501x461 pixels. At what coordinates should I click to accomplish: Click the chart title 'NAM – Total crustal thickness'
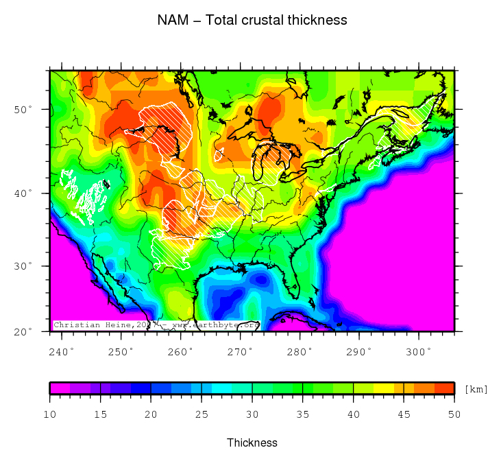pyautogui.click(x=252, y=20)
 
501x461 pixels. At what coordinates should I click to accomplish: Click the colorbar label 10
pyautogui.click(x=49, y=414)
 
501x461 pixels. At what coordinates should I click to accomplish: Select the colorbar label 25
pyautogui.click(x=201, y=414)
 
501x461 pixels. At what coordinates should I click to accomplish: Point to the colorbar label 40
pyautogui.click(x=354, y=414)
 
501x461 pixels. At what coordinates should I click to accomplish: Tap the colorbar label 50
pyautogui.click(x=454, y=414)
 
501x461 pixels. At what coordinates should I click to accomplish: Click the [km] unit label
pyautogui.click(x=476, y=389)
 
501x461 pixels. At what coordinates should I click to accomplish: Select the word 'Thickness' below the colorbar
pyautogui.click(x=252, y=442)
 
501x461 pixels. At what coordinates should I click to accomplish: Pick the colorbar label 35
pyautogui.click(x=303, y=414)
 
